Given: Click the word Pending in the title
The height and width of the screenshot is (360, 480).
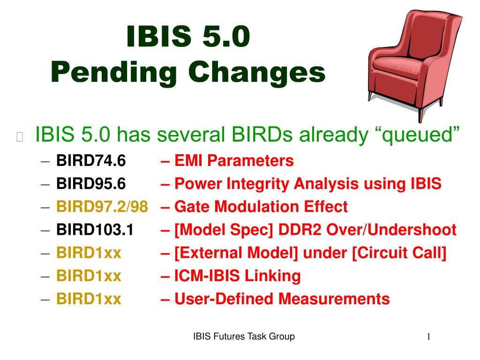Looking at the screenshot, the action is pos(114,73).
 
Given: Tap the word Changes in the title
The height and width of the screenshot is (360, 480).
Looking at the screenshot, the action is pos(256,73).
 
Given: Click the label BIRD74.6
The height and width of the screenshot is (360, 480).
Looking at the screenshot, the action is pos(91,161).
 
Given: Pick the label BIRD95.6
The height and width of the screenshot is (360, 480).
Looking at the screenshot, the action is pos(91,184).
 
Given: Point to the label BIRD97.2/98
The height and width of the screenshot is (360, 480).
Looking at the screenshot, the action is pos(102,207).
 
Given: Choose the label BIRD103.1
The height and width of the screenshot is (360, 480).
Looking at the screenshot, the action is pos(95,230).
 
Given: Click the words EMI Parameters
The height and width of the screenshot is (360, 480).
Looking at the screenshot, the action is pos(234,161).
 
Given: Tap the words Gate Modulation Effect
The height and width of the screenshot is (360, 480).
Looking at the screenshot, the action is pos(261,207).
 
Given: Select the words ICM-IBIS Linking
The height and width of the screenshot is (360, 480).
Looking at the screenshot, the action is pos(238,276).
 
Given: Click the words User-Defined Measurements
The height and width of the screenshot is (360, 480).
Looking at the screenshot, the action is pos(282,299).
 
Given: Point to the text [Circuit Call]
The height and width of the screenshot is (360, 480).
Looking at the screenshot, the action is pos(399,253).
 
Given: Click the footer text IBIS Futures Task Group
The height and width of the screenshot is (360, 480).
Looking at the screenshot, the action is pos(244,337).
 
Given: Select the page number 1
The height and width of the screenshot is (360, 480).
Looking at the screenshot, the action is pos(428,337).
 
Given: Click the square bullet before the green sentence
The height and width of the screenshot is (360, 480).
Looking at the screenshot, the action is pos(20,137).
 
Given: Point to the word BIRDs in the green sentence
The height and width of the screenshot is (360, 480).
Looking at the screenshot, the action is pos(262,135).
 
